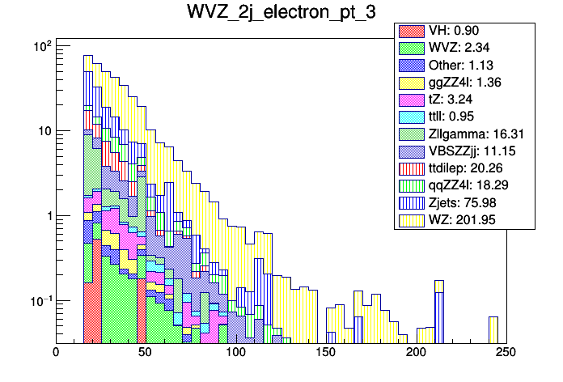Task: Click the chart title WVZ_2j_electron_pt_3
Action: pyautogui.click(x=281, y=14)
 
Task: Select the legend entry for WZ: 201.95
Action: pyautogui.click(x=464, y=219)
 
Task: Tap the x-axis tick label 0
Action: pyautogui.click(x=56, y=353)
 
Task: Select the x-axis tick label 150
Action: pyautogui.click(x=326, y=353)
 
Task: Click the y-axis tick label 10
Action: pyautogui.click(x=41, y=131)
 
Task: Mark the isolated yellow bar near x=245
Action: pyautogui.click(x=493, y=329)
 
